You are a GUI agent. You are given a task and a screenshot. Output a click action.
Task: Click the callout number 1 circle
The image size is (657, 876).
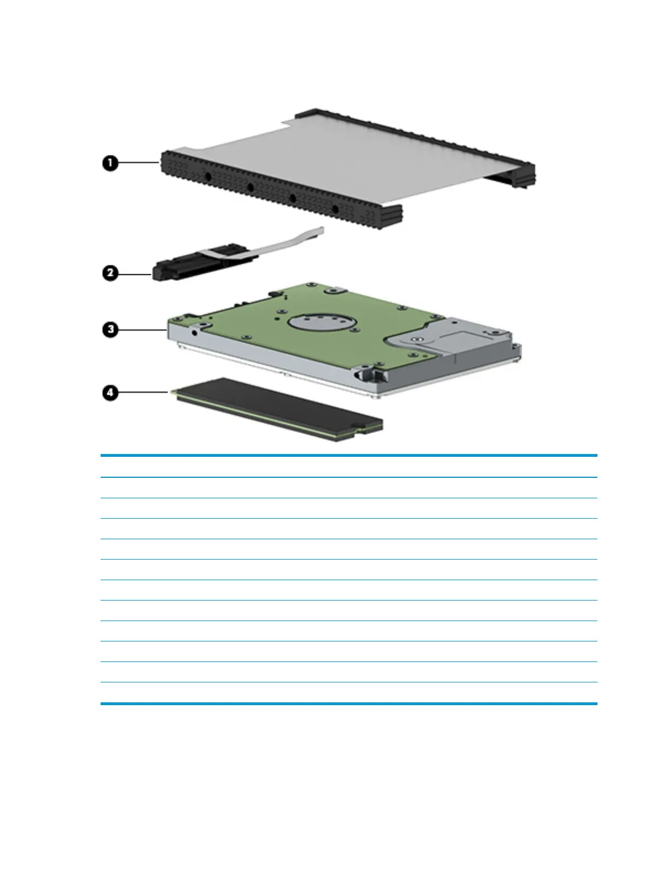(110, 163)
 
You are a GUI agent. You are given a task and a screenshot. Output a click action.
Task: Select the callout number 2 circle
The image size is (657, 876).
(110, 273)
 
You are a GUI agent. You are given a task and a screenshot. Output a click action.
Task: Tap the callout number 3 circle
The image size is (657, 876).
(111, 330)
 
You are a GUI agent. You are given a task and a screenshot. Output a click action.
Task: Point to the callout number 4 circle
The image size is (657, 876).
(111, 393)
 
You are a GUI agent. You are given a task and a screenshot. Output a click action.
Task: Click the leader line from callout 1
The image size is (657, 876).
(138, 163)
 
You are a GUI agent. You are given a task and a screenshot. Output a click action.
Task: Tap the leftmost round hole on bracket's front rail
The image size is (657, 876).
(208, 176)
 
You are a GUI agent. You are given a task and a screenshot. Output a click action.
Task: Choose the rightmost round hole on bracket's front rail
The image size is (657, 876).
(335, 209)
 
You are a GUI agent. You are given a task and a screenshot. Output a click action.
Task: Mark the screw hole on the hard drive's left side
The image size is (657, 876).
(195, 333)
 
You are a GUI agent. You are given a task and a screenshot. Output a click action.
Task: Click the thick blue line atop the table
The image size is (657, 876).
(348, 456)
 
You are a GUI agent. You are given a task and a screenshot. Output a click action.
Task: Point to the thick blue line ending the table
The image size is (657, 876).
(348, 703)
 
